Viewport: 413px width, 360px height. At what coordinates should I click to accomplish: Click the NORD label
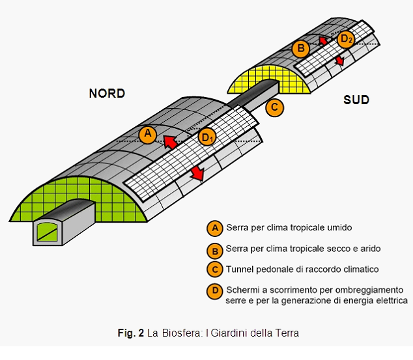(107, 94)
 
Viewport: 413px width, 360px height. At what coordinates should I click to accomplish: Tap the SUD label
(356, 100)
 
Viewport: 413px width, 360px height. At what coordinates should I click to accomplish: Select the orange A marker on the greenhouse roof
(149, 135)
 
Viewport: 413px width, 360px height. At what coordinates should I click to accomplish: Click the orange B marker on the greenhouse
(300, 48)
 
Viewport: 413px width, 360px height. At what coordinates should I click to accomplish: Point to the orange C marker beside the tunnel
(276, 107)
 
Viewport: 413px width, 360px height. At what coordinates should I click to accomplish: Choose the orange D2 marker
(346, 39)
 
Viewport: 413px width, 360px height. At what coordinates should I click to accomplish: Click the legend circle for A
(214, 228)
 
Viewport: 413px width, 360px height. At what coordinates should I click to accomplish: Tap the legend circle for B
(214, 249)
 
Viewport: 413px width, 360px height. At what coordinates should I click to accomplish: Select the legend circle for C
(214, 270)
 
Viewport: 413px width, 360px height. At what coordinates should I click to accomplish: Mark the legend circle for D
(214, 290)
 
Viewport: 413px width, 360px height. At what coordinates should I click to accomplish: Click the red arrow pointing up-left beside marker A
(171, 141)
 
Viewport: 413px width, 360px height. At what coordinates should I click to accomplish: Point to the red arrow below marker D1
(196, 174)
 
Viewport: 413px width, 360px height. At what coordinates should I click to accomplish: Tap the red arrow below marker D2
(339, 61)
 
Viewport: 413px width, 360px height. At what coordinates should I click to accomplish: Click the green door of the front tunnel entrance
(47, 230)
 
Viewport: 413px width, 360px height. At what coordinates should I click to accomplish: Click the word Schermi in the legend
(242, 290)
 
